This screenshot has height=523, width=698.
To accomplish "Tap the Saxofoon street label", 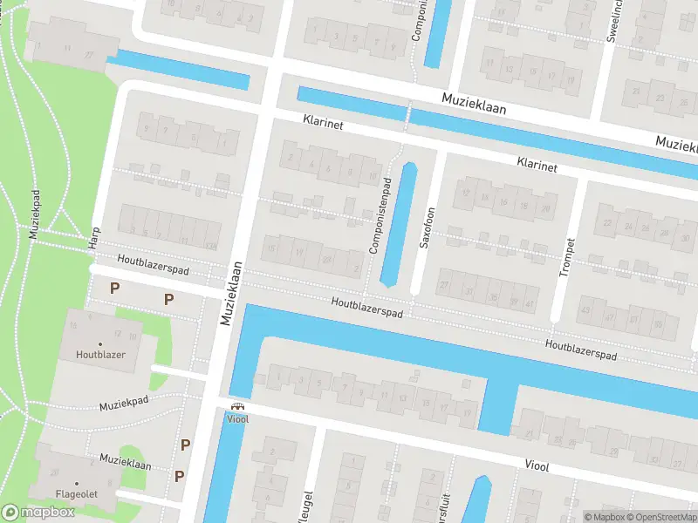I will click(x=427, y=228).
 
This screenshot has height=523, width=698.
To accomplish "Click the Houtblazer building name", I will click(x=100, y=354).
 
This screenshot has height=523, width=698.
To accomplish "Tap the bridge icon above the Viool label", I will click(x=236, y=406).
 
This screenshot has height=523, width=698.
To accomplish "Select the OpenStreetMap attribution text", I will click(x=660, y=517).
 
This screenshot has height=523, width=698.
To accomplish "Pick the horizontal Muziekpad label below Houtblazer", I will click(x=125, y=405).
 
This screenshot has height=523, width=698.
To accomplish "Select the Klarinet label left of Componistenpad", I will click(x=323, y=126).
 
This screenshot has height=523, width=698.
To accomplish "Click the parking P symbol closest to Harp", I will click(x=113, y=287).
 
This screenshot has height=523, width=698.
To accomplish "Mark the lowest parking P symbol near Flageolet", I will click(x=179, y=475).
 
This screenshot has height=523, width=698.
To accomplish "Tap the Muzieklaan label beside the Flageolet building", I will click(x=125, y=461).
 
